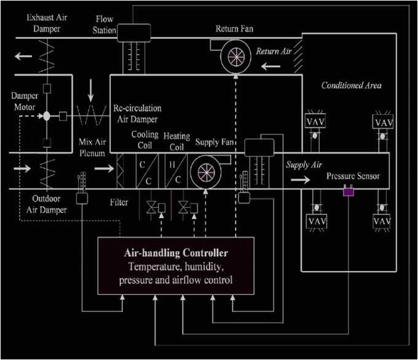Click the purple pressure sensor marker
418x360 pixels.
[x=348, y=193]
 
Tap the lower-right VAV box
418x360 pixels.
[x=382, y=220]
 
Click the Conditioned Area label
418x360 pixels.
[x=351, y=85]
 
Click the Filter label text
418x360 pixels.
[x=119, y=201]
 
